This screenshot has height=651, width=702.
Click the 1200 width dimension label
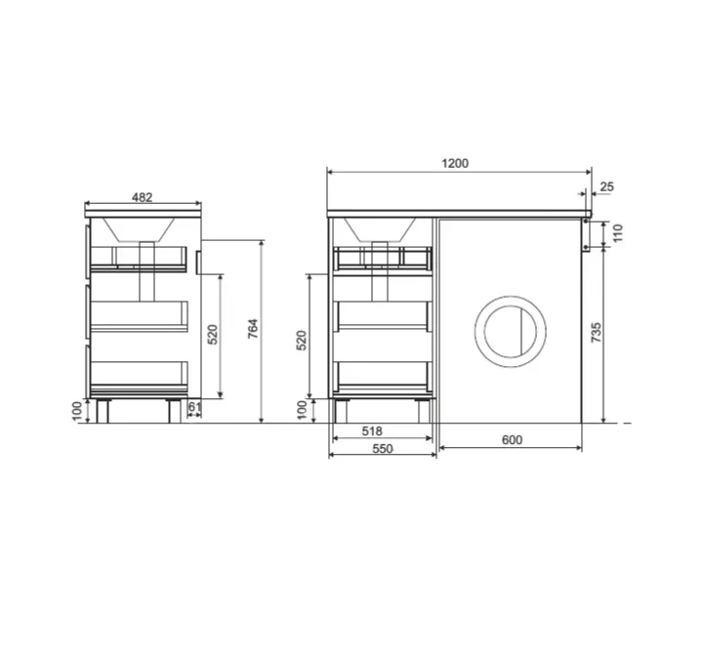pyautogui.click(x=455, y=163)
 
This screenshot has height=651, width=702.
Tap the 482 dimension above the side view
pyautogui.click(x=143, y=197)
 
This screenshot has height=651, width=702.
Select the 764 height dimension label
pyautogui.click(x=253, y=328)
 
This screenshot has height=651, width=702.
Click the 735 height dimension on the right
pyautogui.click(x=596, y=333)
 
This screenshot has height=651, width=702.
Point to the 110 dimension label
pyautogui.click(x=617, y=233)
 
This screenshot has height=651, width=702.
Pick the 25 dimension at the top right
pyautogui.click(x=606, y=186)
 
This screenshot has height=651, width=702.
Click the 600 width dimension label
pyautogui.click(x=512, y=440)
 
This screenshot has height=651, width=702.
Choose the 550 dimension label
pyautogui.click(x=383, y=448)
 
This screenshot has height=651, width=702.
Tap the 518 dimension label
pyautogui.click(x=372, y=430)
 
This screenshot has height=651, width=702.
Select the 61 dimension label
pyautogui.click(x=194, y=407)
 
